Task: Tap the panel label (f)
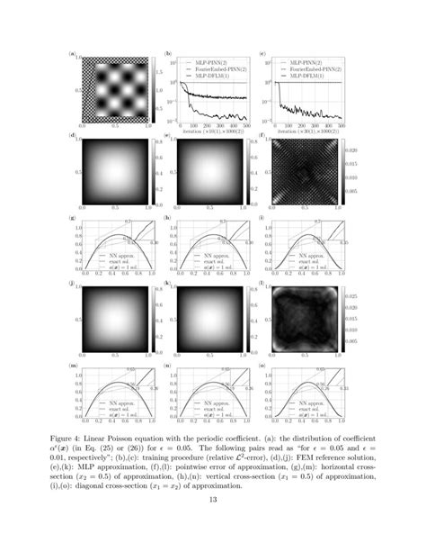coord(261,135)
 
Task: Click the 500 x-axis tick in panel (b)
coord(244,123)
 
